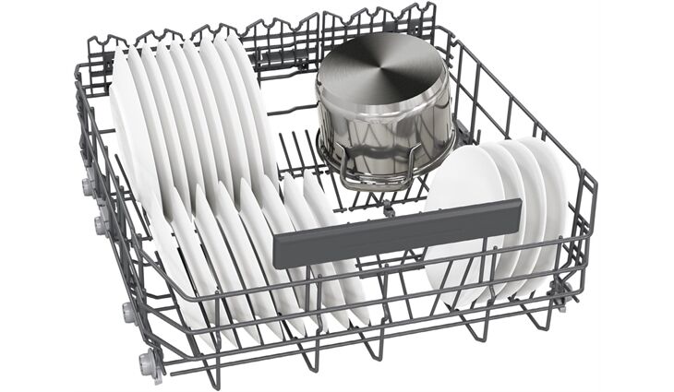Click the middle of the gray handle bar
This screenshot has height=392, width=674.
coord(397,232)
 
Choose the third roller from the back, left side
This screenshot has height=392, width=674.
coord(126,311)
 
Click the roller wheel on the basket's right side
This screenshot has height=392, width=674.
coord(559,291)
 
